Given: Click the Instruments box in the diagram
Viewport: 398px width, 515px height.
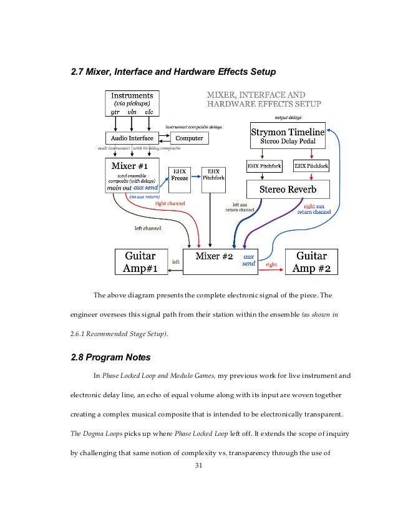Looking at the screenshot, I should pyautogui.click(x=132, y=103).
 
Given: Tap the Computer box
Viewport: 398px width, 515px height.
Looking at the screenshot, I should pyautogui.click(x=189, y=138).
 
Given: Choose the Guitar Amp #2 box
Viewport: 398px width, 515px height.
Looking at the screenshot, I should pyautogui.click(x=311, y=262).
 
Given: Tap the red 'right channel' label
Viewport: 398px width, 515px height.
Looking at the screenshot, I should pyautogui.click(x=168, y=203).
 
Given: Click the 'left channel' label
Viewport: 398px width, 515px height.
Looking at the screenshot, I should pyautogui.click(x=148, y=228).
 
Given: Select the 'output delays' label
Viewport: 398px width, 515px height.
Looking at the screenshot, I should pyautogui.click(x=288, y=117).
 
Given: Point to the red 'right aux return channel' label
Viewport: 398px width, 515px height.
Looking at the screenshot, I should pyautogui.click(x=314, y=209).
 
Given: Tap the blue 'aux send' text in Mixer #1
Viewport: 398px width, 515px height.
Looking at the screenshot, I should pyautogui.click(x=145, y=187).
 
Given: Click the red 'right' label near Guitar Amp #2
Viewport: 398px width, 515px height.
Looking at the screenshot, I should pyautogui.click(x=271, y=264).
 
